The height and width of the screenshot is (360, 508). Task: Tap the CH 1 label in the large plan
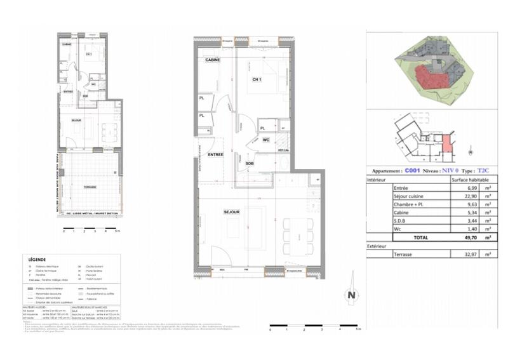[x=257, y=79]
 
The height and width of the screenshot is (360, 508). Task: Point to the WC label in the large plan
[x=266, y=140]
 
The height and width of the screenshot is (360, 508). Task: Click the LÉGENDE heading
[x=37, y=260]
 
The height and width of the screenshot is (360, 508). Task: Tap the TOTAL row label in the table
[x=421, y=237]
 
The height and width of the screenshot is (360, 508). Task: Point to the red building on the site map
[x=431, y=79]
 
